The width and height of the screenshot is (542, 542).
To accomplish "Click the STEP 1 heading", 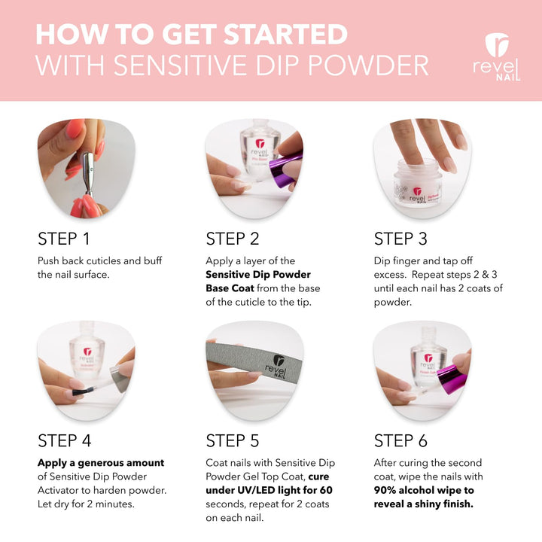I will [63, 239].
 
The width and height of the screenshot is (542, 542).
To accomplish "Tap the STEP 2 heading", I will [233, 239].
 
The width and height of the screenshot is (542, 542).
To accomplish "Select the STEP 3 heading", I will [400, 239].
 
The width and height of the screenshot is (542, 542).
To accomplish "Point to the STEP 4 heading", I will [64, 440].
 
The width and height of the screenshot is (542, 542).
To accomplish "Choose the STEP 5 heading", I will [233, 440].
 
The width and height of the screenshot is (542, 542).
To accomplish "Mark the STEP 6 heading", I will [401, 440].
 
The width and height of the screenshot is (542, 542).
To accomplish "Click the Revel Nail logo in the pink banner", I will [497, 57].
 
